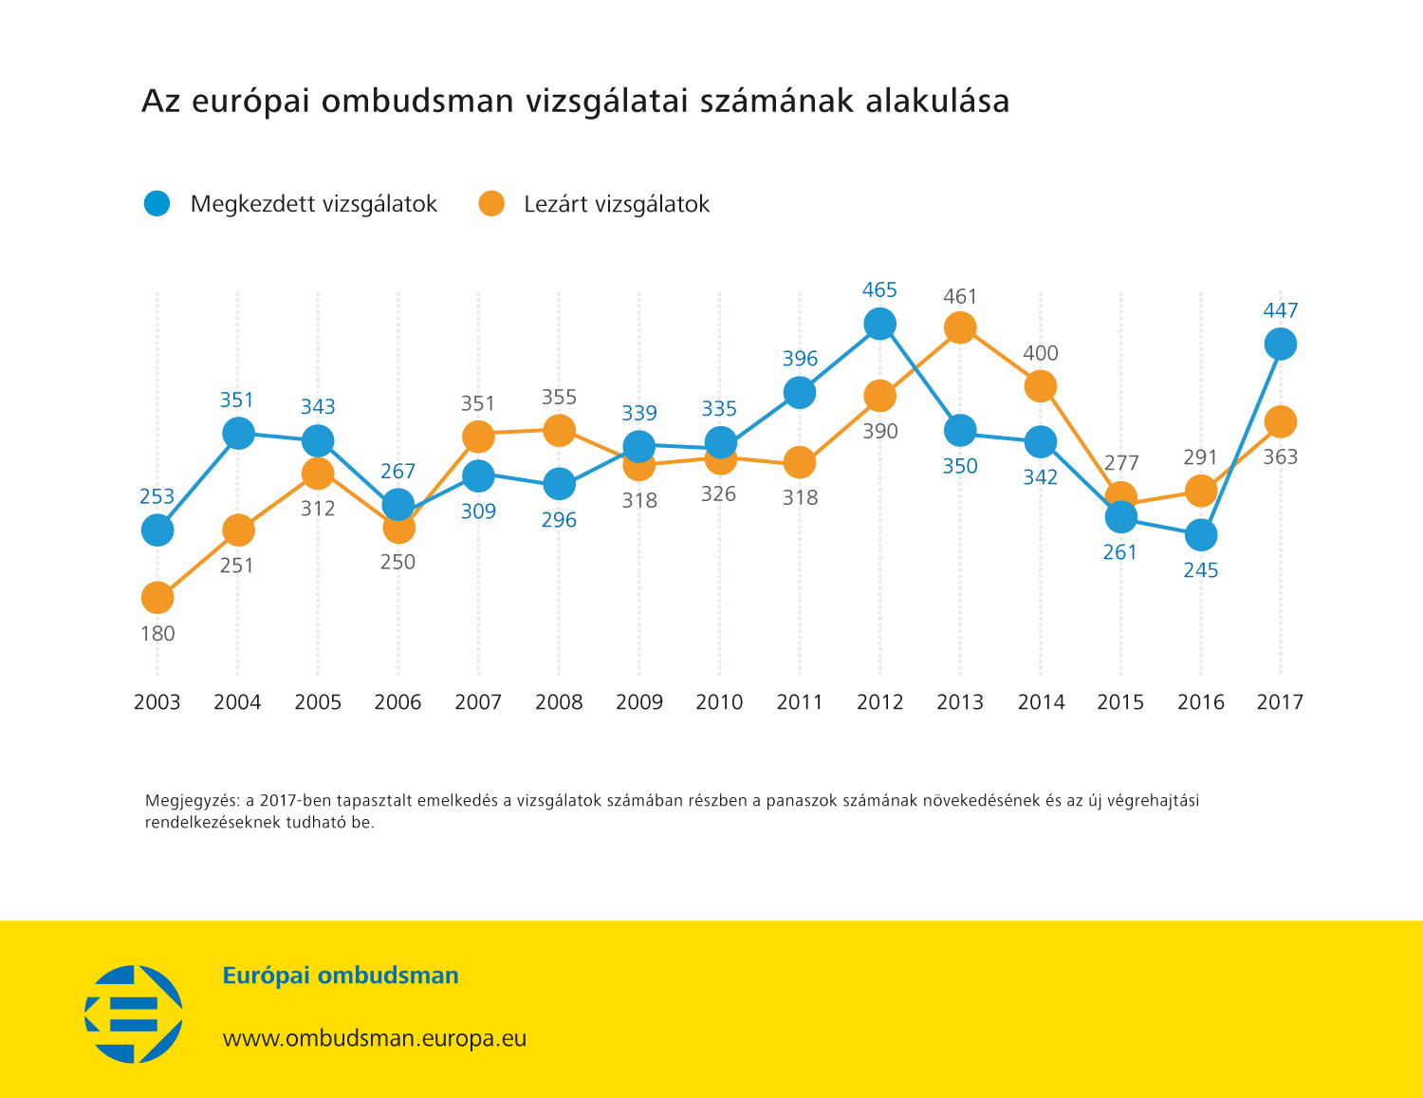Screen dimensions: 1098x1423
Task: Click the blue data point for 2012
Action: (879, 324)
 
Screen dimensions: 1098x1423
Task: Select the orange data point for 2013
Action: (960, 328)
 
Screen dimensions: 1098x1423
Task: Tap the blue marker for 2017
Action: (1280, 344)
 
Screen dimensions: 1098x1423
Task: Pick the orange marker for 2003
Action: (157, 598)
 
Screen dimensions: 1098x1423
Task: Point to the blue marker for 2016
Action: (1200, 535)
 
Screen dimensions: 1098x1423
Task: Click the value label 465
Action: (879, 290)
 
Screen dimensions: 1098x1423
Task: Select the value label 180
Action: (157, 634)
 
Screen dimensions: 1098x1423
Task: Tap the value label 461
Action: (960, 297)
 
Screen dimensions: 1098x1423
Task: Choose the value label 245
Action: (1200, 570)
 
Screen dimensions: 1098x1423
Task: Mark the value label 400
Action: (1041, 353)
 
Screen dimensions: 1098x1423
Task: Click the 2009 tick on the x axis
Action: (639, 702)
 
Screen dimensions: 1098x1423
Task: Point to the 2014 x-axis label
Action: (1041, 702)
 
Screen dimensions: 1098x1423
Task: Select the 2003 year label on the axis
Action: (157, 702)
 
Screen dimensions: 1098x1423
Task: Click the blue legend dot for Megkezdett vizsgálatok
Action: (157, 203)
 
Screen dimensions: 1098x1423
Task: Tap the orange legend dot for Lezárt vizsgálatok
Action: (491, 203)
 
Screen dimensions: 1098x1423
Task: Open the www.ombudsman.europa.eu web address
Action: (374, 1038)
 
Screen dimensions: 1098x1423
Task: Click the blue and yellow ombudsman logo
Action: (134, 1014)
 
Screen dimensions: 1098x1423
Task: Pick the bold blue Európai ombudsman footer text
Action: (341, 976)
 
